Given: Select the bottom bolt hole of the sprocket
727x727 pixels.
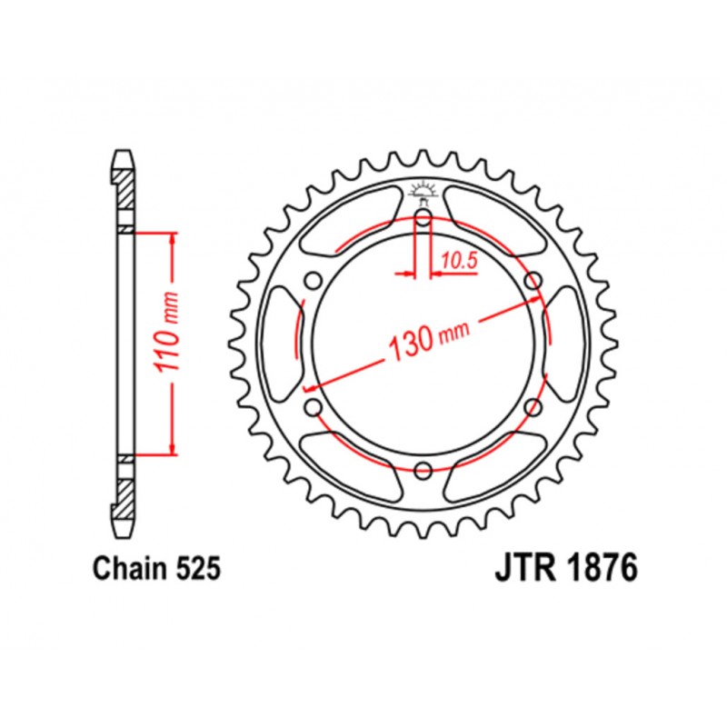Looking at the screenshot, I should pos(423,470).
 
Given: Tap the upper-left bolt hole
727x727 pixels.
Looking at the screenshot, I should pos(314,280).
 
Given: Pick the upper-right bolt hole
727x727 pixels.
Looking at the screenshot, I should pos(533,280).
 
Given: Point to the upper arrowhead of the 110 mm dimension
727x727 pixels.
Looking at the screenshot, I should pos(171,238).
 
